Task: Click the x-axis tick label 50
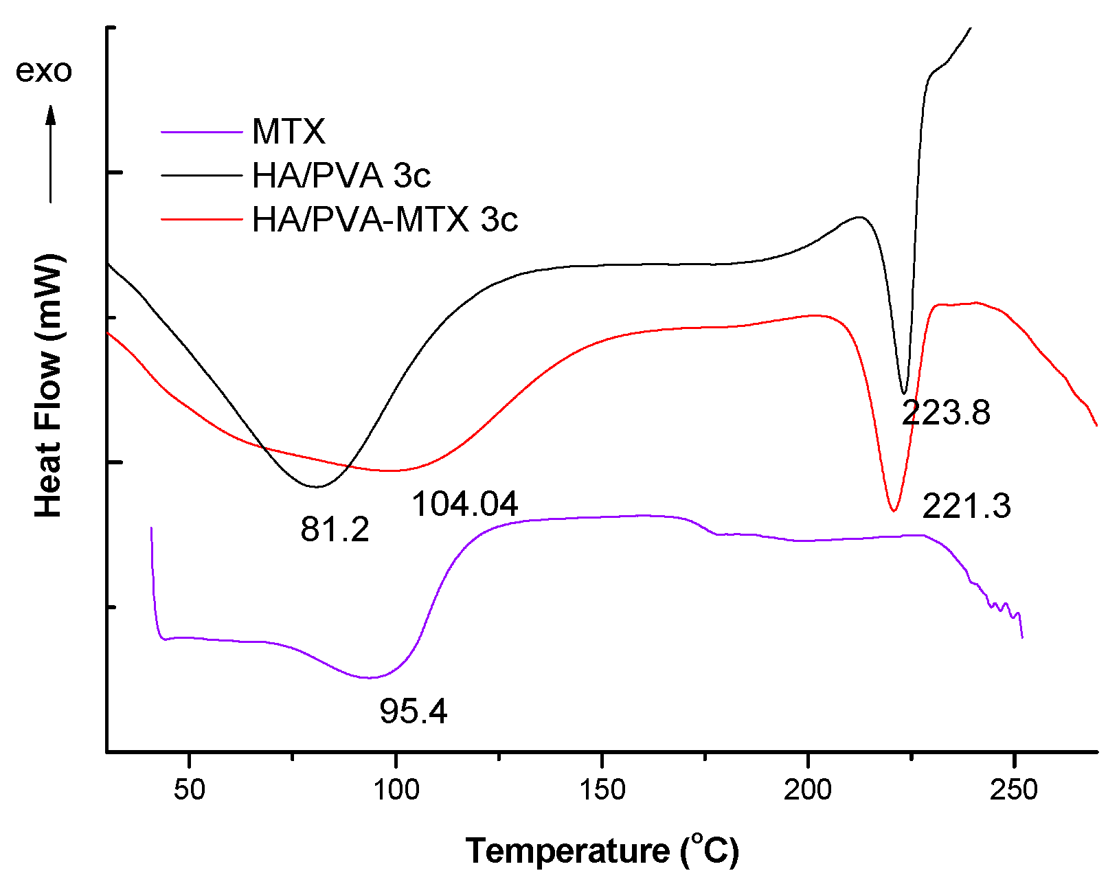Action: point(189,790)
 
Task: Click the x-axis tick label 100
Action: point(396,790)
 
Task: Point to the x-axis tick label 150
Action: point(602,790)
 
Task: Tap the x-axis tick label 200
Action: point(808,790)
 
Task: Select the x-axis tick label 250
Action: point(1014,790)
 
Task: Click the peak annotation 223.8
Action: point(946,413)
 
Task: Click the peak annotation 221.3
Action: point(967,507)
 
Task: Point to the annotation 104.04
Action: point(464,505)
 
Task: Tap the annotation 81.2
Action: point(335,530)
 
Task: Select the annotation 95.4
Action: point(414,712)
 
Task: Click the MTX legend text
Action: point(289,131)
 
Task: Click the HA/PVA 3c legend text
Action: point(341,176)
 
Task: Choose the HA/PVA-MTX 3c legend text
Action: point(385,220)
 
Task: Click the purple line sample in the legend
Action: point(202,131)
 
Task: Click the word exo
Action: point(43,71)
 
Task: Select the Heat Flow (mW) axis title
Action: point(49,385)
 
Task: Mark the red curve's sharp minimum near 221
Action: point(893,510)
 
